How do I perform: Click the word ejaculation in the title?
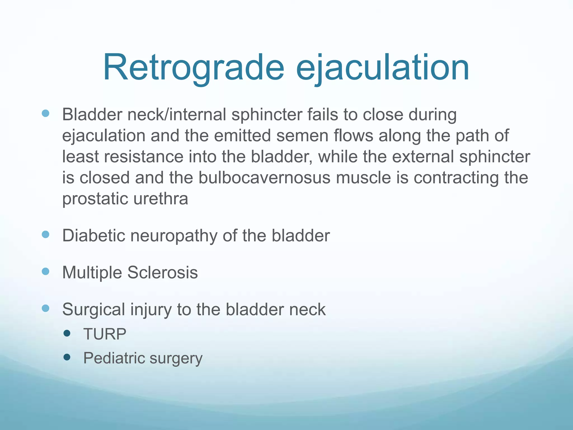382,68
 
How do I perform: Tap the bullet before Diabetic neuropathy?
45,234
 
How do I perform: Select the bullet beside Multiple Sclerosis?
45,271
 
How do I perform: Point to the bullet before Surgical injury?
45,308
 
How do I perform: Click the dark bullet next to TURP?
67,333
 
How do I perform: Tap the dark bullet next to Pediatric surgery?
67,357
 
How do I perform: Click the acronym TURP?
105,334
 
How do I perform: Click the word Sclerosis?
163,272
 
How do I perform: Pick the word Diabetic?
93,235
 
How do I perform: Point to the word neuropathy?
174,236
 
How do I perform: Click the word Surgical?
93,310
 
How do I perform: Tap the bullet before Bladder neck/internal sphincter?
45,113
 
